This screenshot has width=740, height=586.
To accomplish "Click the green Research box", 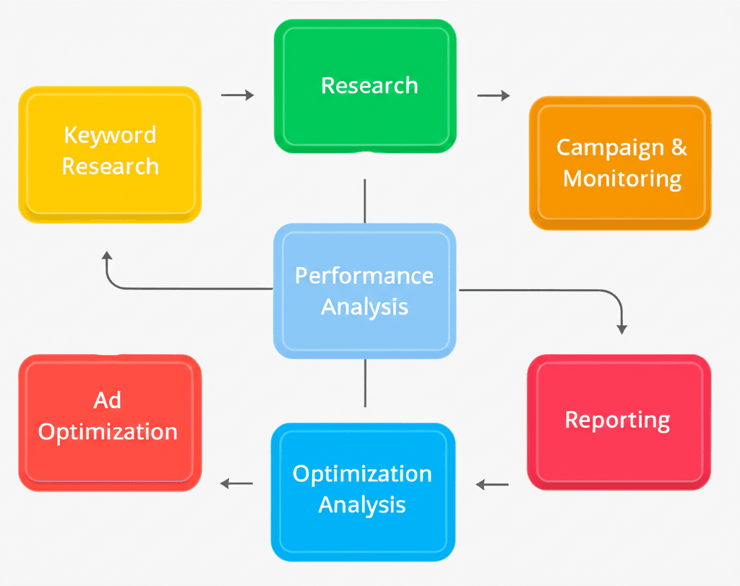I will point(365,86).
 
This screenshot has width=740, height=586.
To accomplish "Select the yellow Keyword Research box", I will point(110,153).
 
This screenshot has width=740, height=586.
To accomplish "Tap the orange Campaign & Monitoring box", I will point(621,163).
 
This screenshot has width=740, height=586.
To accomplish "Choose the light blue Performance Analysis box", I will point(365,290).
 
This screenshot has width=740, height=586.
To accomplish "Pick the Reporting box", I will point(619,421).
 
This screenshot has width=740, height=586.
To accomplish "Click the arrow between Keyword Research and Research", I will point(237,95).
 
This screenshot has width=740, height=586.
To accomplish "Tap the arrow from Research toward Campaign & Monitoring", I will point(493,95).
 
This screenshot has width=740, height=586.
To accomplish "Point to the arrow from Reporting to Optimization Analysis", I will point(492,485).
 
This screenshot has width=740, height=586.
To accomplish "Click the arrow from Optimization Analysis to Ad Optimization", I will point(236,483).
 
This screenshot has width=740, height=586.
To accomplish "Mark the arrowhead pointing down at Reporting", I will point(621,328).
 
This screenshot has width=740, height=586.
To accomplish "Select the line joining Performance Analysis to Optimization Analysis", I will point(365,383).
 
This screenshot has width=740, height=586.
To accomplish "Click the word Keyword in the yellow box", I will point(110,136).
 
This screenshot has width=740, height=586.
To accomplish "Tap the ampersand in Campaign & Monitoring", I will point(679,147).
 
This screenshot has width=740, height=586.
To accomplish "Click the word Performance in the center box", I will point(364,276).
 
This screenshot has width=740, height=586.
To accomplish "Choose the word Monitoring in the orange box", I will point(622,178).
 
